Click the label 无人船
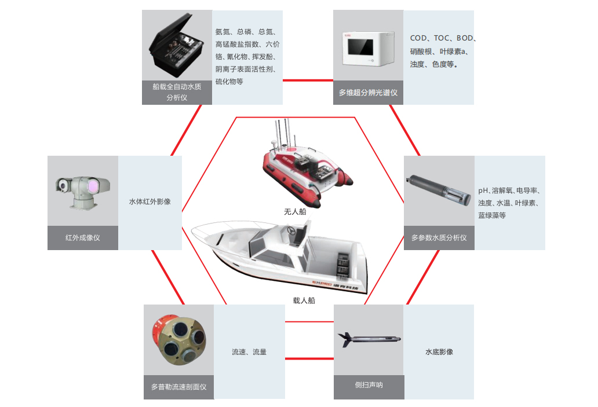click(295, 211)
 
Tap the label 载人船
click(304, 300)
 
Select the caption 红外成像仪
click(83, 238)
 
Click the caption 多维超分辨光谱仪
click(368, 93)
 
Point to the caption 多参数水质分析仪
click(439, 238)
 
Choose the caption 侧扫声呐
click(369, 385)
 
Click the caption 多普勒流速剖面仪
click(179, 387)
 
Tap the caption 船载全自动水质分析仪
click(177, 92)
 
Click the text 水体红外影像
click(150, 201)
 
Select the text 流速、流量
click(249, 352)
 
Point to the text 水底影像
click(439, 352)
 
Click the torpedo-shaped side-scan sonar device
click(369, 339)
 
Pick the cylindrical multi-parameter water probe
click(439, 190)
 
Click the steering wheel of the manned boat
click(291, 230)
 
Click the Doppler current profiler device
click(179, 339)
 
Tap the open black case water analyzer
click(176, 46)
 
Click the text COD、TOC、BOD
click(442, 38)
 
